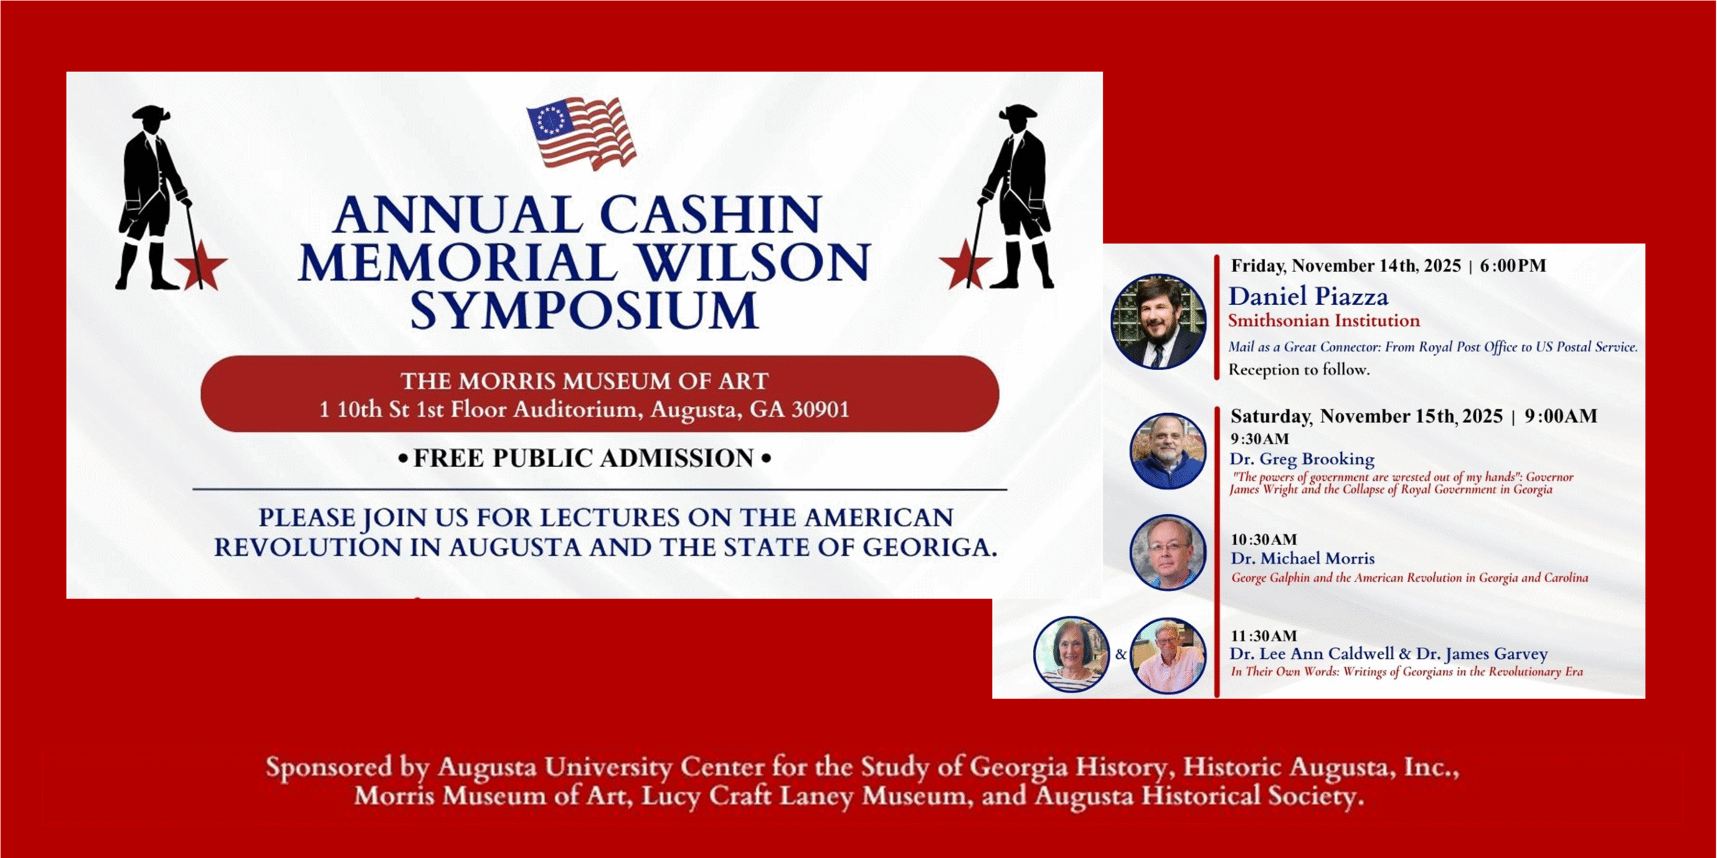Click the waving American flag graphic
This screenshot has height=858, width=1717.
pos(581,133)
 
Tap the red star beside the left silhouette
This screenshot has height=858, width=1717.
pos(201,265)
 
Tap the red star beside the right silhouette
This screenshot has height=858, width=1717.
pos(965,263)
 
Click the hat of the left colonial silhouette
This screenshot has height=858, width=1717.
pos(151,113)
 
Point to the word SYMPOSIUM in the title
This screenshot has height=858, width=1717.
pos(584,310)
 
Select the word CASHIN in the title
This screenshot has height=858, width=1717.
pos(711,214)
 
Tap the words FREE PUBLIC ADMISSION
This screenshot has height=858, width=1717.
pos(584,458)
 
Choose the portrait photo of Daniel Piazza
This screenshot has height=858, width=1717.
pos(1158,321)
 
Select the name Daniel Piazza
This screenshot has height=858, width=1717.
pos(1308,296)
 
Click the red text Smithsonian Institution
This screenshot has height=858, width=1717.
pos(1324,320)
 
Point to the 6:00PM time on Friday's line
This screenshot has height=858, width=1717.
pos(1513,265)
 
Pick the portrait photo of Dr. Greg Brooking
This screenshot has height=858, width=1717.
pos(1168,450)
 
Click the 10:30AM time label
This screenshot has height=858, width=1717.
pos(1264,540)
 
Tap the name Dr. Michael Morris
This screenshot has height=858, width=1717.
pos(1303,558)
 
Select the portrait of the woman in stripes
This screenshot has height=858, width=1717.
pos(1071,654)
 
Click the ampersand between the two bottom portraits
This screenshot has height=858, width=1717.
pos(1121,654)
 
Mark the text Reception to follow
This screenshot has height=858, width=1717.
pos(1298,369)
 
